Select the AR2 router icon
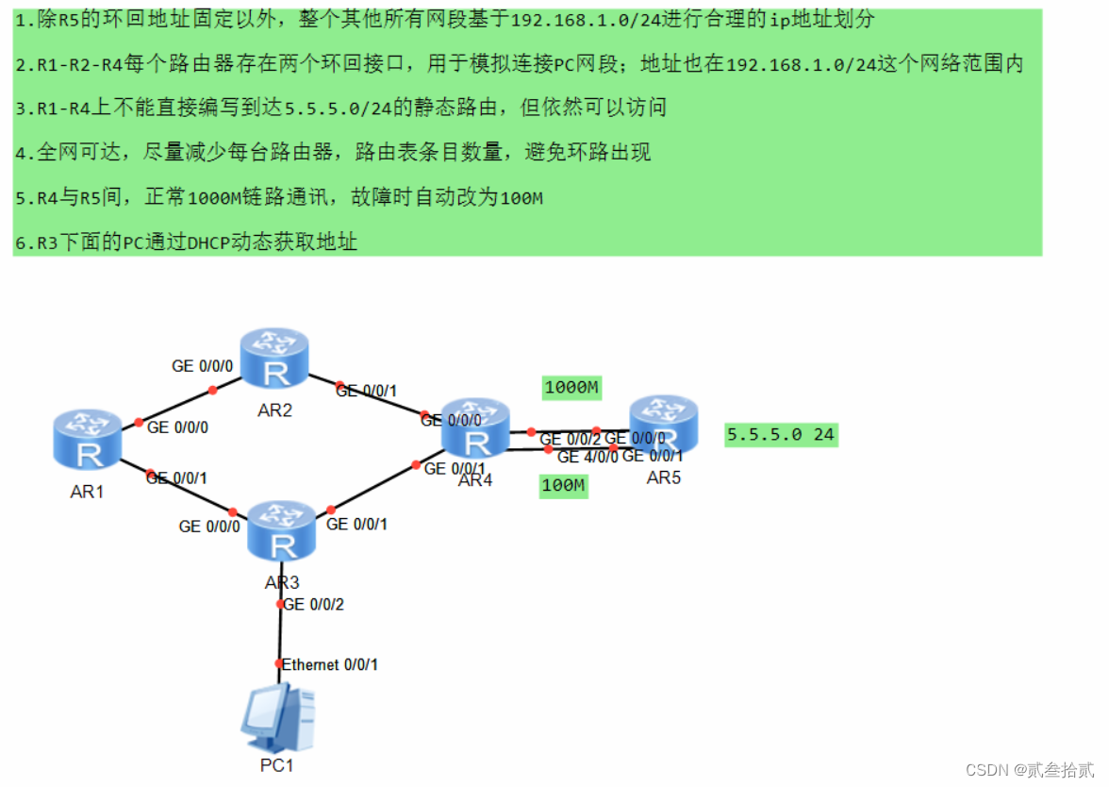click(274, 360)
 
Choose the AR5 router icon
click(664, 424)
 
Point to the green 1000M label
click(572, 387)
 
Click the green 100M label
click(563, 487)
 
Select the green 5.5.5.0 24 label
click(780, 435)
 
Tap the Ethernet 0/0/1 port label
click(330, 664)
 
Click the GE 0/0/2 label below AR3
click(314, 604)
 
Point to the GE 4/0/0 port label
click(588, 457)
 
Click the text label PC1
click(276, 765)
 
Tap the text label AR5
click(663, 477)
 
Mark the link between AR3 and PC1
click(279, 633)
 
